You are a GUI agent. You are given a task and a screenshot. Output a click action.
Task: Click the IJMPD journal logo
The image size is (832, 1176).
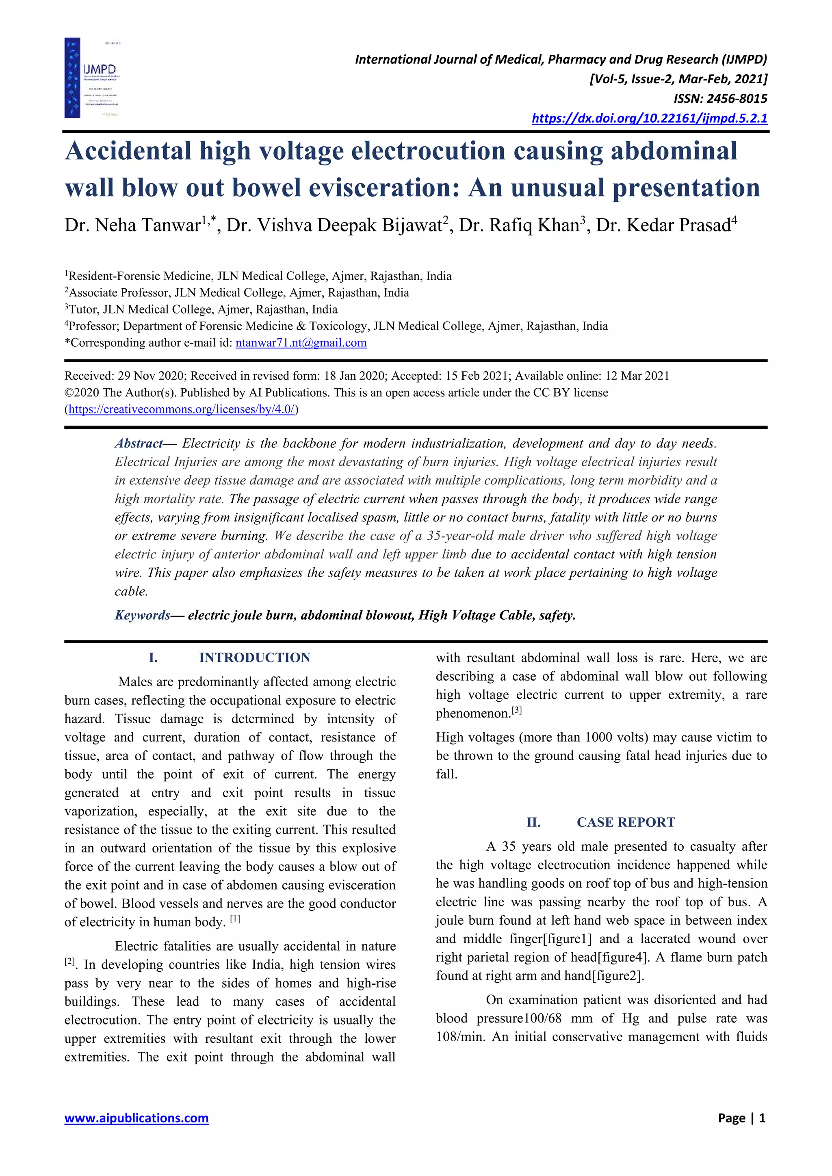pos(92,78)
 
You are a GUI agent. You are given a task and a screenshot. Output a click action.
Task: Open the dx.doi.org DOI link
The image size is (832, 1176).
pos(649,118)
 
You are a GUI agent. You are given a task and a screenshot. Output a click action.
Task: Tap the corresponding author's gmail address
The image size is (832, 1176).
pos(301,343)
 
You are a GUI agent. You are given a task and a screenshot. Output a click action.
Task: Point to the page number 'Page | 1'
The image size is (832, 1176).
pos(741,1118)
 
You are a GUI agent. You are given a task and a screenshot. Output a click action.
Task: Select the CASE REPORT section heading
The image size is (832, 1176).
pos(626,822)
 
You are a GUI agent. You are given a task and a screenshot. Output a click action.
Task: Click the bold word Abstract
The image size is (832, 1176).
pos(138,443)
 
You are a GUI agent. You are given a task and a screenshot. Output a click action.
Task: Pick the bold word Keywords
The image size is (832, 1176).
pos(142,615)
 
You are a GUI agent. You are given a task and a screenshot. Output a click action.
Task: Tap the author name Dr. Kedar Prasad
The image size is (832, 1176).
pos(663,225)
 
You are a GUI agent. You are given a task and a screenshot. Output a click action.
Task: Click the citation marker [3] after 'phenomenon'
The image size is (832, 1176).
pos(516,711)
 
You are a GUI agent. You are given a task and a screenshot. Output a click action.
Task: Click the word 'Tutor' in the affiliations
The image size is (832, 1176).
pos(82,309)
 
